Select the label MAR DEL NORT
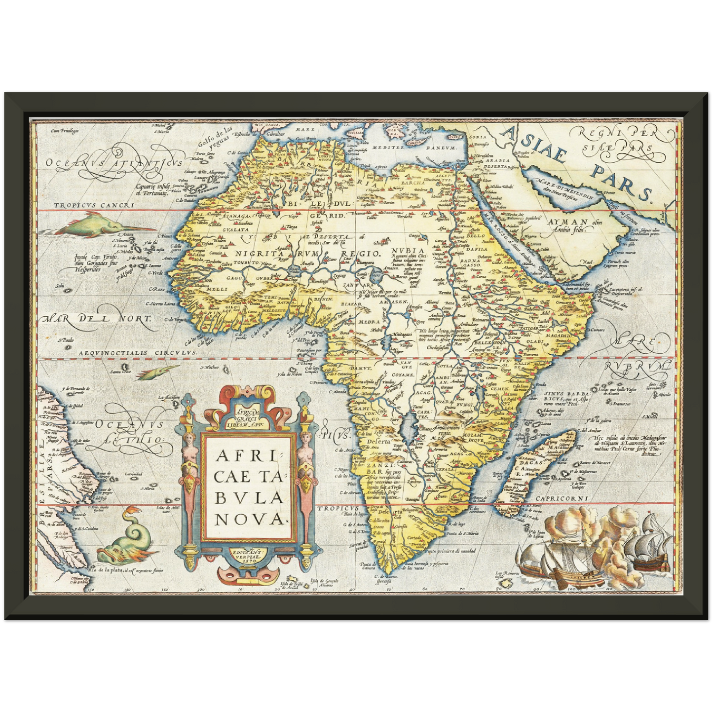(97, 319)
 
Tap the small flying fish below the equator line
(156, 372)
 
